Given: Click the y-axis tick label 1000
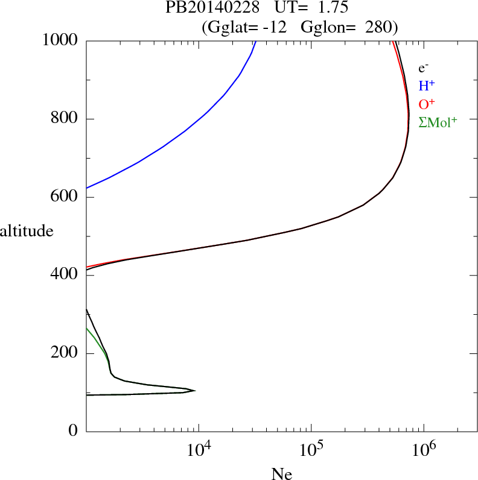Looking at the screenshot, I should point(60,40).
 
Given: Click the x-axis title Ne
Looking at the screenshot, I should point(281,474).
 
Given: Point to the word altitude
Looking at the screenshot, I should point(27,231).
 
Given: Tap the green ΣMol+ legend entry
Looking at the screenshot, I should point(438,122).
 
